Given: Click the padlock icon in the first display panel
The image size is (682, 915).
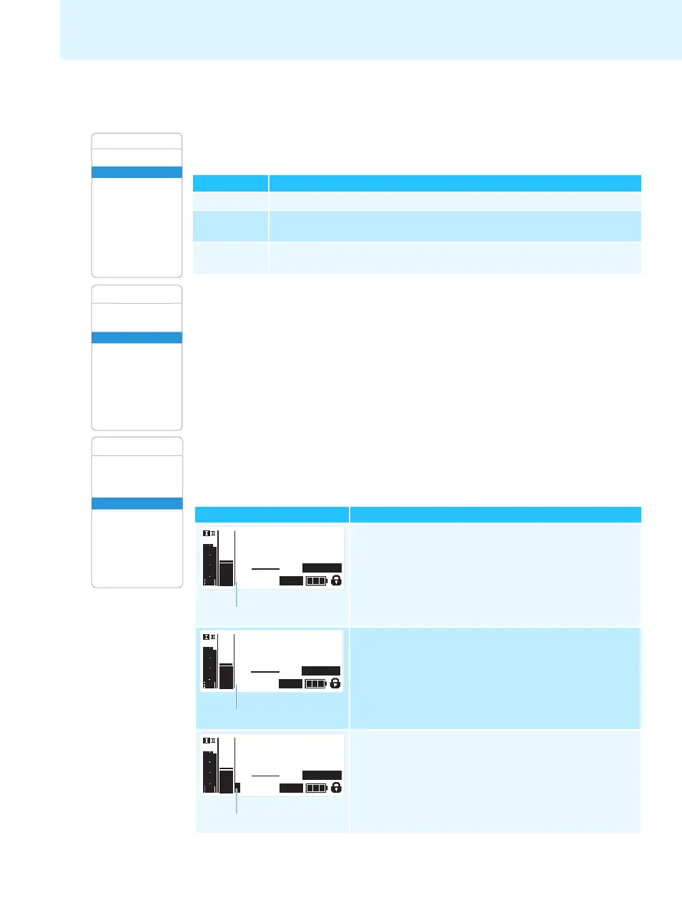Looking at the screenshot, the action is click(x=336, y=580).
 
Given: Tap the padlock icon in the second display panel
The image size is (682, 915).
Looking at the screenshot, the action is click(x=335, y=683).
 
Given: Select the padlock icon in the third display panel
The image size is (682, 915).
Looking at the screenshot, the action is click(x=336, y=788).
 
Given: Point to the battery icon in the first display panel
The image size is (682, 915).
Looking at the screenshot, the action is click(x=316, y=580).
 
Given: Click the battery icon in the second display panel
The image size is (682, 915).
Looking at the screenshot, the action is click(x=315, y=683).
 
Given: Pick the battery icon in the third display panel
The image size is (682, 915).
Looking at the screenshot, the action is click(x=316, y=788).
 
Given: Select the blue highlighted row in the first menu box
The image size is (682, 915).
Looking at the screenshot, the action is click(x=137, y=172).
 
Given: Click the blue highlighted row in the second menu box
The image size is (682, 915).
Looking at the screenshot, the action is click(x=137, y=337).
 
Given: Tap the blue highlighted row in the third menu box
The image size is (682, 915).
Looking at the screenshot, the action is click(x=137, y=503).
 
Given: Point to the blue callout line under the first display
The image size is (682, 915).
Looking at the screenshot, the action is click(x=237, y=595).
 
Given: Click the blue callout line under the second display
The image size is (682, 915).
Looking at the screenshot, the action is click(x=237, y=698).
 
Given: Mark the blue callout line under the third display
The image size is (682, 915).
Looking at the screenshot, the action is click(x=237, y=802).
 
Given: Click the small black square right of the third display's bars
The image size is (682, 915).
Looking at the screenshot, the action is click(x=237, y=787).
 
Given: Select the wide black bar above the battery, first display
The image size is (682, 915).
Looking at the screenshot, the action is click(x=322, y=568).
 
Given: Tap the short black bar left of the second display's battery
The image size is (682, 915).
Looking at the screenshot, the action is click(x=290, y=683).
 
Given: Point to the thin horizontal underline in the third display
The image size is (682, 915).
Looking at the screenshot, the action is click(x=265, y=776).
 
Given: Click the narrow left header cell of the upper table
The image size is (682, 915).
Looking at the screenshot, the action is click(x=231, y=183).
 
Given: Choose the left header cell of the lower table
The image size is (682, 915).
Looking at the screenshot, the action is click(x=272, y=515).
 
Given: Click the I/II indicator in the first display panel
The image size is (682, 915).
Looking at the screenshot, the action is click(x=209, y=533).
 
